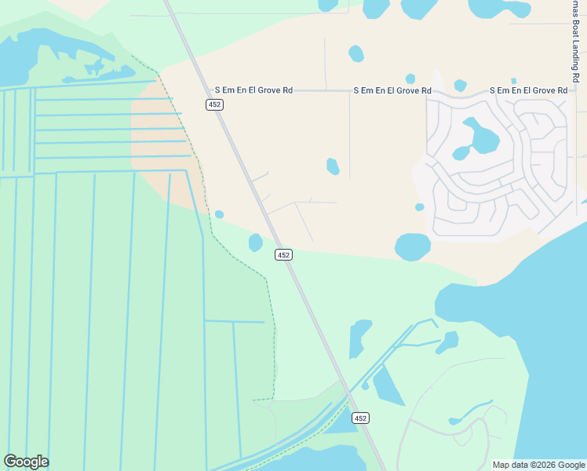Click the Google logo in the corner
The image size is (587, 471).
tap(26, 462)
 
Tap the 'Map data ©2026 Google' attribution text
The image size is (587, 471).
tap(538, 465)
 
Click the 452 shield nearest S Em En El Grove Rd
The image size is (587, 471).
tap(215, 104)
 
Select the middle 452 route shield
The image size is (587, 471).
tap(283, 254)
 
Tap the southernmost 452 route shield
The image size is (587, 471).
tap(360, 418)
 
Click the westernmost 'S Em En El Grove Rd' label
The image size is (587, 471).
tap(253, 91)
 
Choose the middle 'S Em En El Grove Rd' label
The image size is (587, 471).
tap(392, 91)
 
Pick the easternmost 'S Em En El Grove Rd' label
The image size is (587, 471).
tap(528, 91)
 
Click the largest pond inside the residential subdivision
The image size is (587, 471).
tap(481, 138)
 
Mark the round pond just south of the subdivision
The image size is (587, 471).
tap(413, 246)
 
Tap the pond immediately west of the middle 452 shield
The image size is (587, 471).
tap(256, 243)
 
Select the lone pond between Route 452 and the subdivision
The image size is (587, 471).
tap(333, 166)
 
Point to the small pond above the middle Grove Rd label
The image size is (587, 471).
tap(410, 78)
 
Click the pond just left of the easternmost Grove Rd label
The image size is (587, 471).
tap(460, 85)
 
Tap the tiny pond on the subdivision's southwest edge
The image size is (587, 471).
tap(420, 207)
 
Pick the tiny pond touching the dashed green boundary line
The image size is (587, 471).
tap(219, 214)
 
